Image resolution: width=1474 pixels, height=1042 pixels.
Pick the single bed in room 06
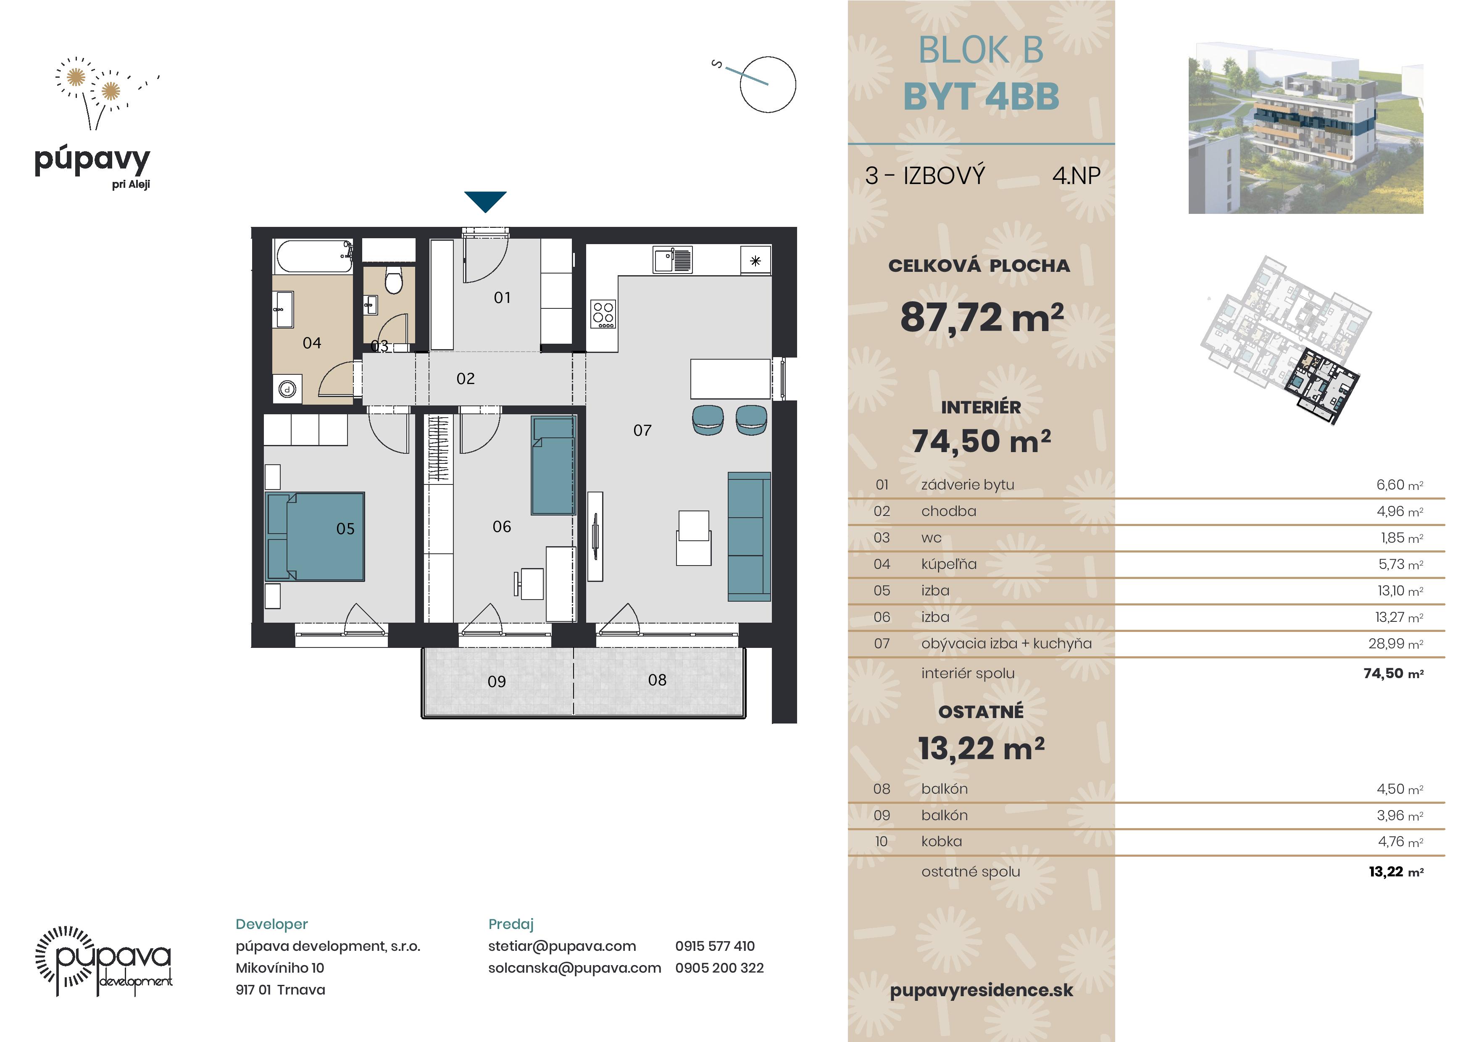(553, 466)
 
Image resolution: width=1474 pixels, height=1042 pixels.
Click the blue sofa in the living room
(749, 536)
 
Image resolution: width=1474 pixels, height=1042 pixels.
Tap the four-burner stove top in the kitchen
(603, 314)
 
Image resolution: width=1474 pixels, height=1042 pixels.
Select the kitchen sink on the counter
(672, 260)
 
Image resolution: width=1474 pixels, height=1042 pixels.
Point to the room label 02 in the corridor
(466, 379)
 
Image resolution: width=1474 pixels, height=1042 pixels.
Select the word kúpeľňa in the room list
(948, 564)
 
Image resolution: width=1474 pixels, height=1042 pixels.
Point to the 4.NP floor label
(1076, 175)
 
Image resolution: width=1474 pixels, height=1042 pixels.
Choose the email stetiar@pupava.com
(562, 946)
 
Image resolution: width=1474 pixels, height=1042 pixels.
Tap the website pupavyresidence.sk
(981, 990)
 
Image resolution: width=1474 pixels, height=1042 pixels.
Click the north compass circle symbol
(767, 84)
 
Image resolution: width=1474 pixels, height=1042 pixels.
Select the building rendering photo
(1306, 128)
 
